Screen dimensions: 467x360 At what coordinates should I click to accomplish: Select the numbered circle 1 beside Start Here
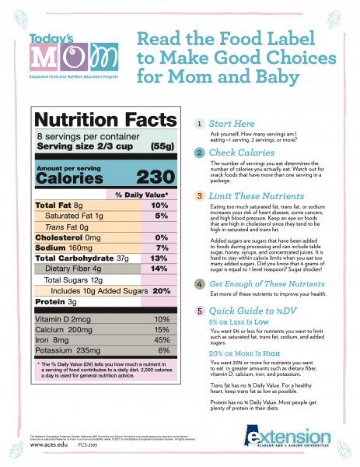click(201, 124)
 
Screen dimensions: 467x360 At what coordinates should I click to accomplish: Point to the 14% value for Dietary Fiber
click(159, 268)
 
